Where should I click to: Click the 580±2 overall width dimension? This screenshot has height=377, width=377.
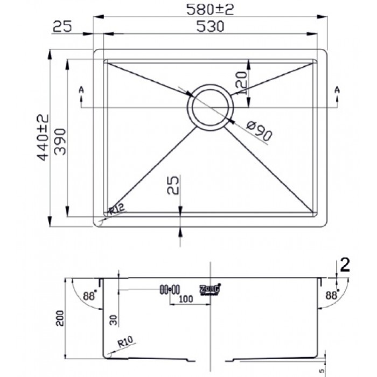pos(211,9)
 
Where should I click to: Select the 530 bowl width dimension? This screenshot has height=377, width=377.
pos(211,26)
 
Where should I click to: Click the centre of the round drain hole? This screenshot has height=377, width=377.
pos(210,107)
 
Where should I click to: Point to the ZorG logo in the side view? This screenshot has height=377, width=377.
pos(211,289)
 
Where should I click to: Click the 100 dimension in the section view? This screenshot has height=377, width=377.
pos(187,298)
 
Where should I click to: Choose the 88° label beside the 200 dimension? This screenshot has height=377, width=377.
pos(89,296)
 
